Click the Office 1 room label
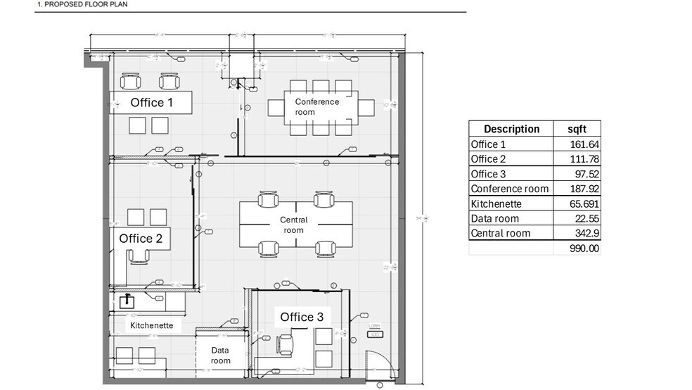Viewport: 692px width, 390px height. click(x=152, y=103)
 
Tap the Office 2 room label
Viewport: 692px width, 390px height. click(x=141, y=239)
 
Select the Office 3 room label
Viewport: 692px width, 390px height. click(x=302, y=317)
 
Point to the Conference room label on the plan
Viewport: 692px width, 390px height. click(x=316, y=107)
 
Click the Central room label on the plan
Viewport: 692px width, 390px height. click(x=294, y=225)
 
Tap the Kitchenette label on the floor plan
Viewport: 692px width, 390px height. click(x=151, y=326)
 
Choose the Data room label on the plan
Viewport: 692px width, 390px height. click(x=220, y=356)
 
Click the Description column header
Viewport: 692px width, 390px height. click(x=511, y=129)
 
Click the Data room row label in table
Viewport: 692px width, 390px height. click(x=494, y=218)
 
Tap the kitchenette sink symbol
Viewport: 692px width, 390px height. click(x=127, y=301)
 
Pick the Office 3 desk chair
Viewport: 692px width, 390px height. click(x=286, y=344)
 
